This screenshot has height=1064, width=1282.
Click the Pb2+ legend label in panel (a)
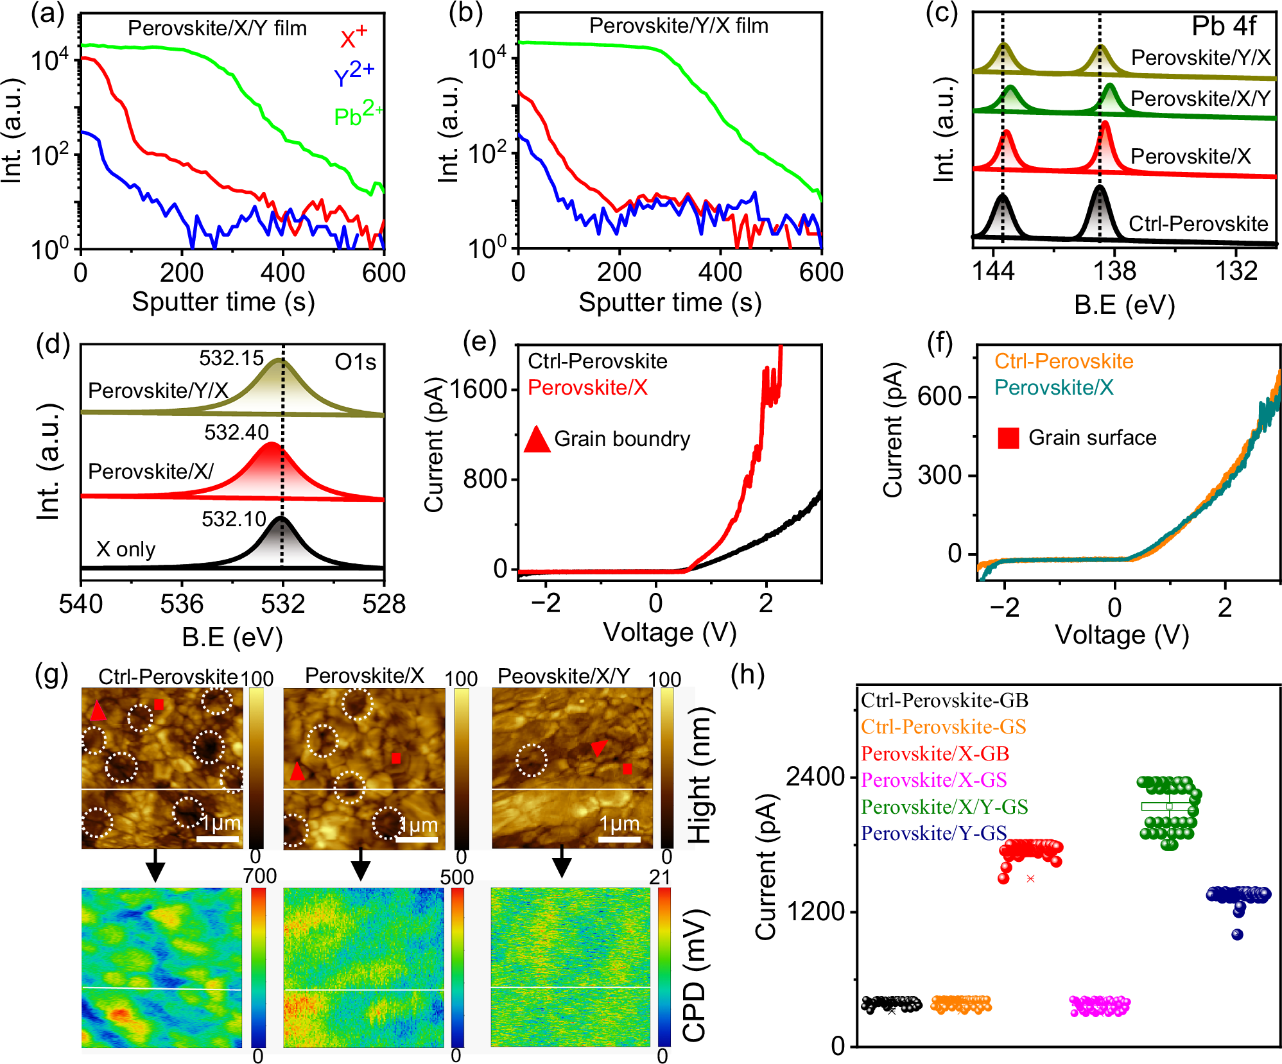357,114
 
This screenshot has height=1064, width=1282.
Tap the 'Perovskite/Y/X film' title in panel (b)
679,26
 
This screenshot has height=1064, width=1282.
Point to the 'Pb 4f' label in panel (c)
1223,26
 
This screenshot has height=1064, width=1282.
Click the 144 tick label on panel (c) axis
993,271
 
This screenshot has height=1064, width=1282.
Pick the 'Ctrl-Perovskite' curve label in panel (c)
1198,223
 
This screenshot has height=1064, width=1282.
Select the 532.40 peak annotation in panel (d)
236,432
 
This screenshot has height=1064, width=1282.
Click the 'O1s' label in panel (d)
355,363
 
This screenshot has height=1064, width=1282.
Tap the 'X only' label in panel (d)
126,549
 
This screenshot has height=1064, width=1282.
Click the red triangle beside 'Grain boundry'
537,440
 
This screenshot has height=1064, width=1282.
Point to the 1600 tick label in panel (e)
478,389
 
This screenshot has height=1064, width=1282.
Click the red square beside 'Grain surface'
1008,438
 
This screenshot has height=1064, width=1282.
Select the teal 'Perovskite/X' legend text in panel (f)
1053,388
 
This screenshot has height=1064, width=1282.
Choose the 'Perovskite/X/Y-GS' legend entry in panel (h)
944,807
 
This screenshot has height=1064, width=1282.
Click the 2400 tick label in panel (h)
815,777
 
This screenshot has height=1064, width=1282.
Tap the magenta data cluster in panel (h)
1099,1006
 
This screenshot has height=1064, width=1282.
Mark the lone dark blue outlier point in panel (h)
1237,934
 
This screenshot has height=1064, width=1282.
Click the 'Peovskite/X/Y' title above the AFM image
564,676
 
